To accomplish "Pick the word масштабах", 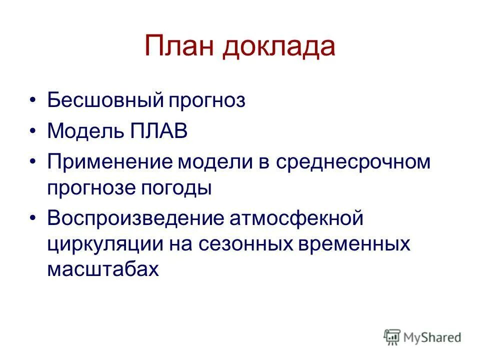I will (102, 269).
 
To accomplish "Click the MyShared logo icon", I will (392, 337).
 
